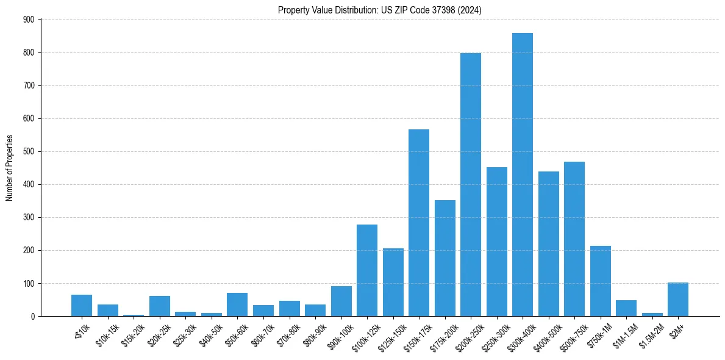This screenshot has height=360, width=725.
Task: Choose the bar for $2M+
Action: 678,299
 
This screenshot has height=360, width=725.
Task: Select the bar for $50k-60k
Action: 237,304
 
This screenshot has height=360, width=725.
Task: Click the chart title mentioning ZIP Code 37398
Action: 380,10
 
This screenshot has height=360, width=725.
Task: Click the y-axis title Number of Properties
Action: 10,168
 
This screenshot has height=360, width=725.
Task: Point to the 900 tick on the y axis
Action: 29,20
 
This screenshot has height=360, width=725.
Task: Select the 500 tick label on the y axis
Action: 29,151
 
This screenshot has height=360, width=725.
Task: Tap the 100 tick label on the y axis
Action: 29,283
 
